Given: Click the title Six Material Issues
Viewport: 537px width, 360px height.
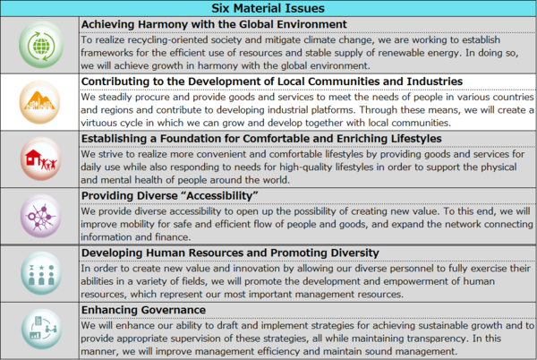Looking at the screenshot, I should (268, 8).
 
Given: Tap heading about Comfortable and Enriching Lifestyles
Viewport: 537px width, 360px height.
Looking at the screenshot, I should (260, 138).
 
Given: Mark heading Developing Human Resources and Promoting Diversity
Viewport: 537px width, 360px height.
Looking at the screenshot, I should (256, 253).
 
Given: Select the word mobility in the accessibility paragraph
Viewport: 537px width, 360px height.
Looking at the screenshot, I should (149, 225).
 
